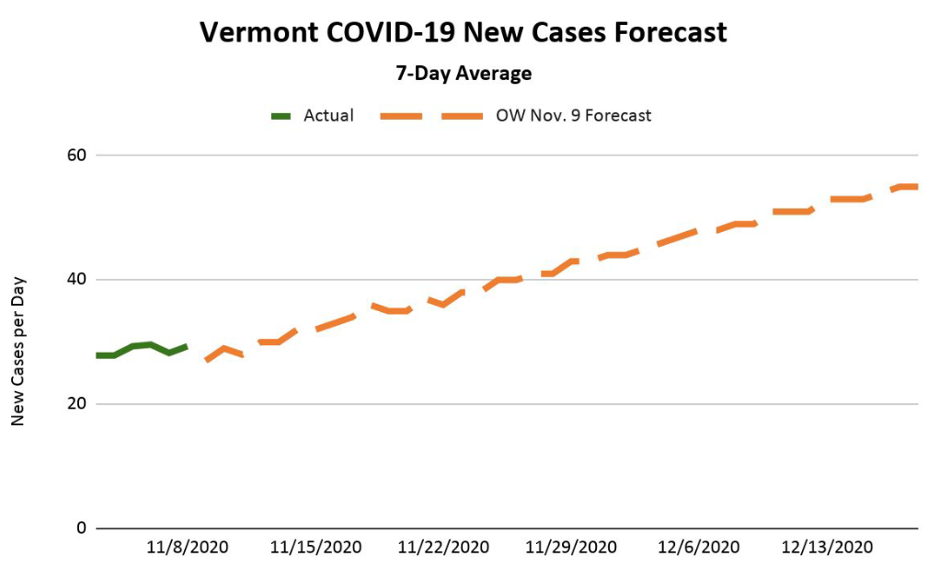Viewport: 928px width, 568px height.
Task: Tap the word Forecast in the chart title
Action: [x=666, y=32]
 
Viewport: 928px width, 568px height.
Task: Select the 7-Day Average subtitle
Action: [x=464, y=73]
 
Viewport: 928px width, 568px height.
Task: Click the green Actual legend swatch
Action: [x=281, y=116]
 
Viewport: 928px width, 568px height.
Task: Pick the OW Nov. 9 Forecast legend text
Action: [x=573, y=116]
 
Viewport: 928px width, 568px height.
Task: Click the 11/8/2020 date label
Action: [x=188, y=547]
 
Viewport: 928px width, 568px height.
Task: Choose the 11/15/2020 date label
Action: [x=315, y=547]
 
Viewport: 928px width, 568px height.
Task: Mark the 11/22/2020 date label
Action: [x=443, y=547]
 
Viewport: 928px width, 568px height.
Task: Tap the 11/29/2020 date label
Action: [x=571, y=547]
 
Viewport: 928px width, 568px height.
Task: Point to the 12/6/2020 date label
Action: [x=699, y=547]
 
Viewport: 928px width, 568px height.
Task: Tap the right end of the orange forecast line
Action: [x=915, y=187]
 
